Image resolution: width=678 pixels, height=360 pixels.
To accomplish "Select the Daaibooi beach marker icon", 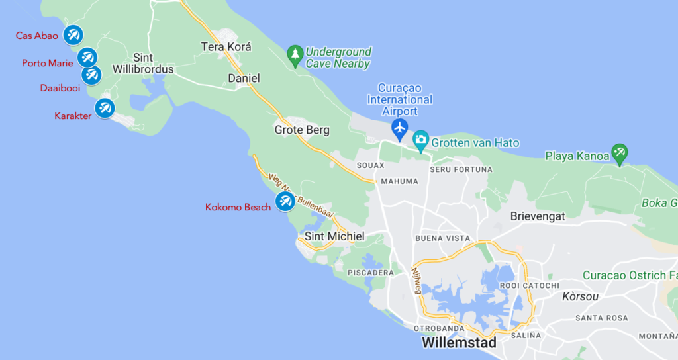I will click(x=91, y=75).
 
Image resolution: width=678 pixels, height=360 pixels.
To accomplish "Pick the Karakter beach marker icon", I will click(x=104, y=108).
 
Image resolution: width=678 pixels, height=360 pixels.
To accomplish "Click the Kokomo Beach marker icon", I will click(x=285, y=201).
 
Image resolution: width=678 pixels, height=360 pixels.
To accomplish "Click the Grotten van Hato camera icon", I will click(x=420, y=140).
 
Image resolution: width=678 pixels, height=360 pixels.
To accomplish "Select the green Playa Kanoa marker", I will click(x=619, y=154).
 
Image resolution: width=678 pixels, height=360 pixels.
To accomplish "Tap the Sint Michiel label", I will click(x=334, y=236).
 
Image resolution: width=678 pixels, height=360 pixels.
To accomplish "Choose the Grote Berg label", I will click(x=302, y=130).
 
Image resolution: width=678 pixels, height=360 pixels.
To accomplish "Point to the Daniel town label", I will click(x=244, y=78).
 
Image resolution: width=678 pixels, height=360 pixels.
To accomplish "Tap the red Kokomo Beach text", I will click(x=238, y=207).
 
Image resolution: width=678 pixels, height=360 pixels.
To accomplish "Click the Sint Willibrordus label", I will click(x=143, y=64).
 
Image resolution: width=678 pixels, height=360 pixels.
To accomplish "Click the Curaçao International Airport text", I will click(x=400, y=99).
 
